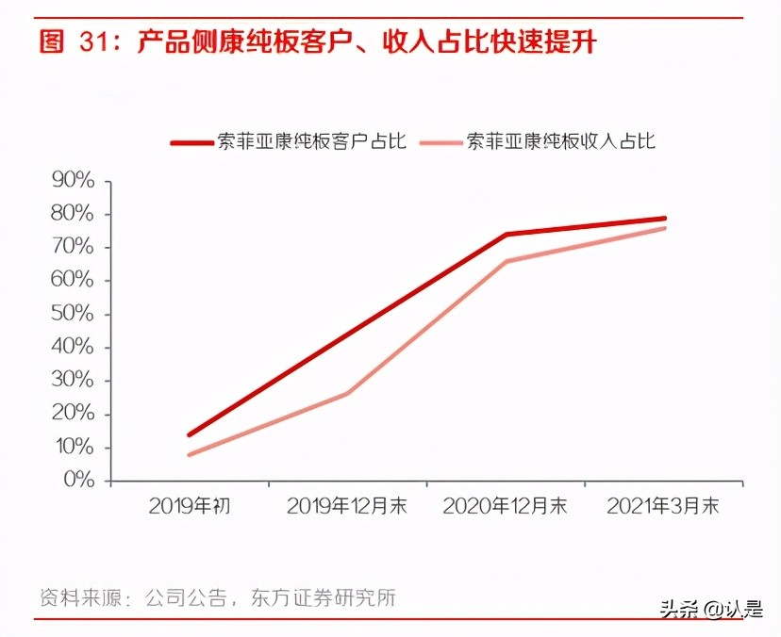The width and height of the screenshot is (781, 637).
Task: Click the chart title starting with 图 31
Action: tap(318, 41)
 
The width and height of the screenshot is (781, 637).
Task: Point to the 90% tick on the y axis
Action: tap(73, 181)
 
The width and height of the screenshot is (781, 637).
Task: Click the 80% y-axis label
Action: tap(73, 214)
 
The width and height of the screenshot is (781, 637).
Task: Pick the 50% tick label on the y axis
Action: tap(73, 314)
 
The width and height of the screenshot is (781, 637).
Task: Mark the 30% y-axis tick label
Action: tap(73, 381)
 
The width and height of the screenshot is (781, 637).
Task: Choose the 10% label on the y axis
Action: tap(73, 448)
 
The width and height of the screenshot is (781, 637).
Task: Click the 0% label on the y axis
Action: tap(78, 481)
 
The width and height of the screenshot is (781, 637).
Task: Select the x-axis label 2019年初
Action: tap(190, 506)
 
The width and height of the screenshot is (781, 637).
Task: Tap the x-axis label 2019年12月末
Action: tap(347, 506)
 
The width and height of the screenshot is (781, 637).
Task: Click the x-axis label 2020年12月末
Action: tap(506, 506)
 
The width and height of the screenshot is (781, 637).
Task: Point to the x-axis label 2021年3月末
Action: tap(663, 506)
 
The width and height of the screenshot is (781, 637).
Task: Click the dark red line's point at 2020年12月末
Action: tap(506, 235)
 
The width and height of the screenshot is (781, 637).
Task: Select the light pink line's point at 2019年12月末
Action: tap(347, 393)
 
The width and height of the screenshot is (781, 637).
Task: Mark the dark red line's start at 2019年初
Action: tap(190, 434)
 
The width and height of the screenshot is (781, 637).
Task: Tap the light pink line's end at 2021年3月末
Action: tap(664, 228)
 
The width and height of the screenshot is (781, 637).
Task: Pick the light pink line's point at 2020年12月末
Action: tap(506, 261)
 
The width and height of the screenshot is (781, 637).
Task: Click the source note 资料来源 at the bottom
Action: tap(217, 597)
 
